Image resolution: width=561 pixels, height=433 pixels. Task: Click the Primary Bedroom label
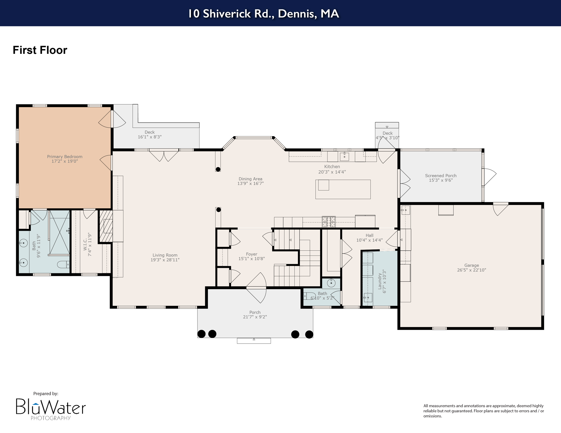click(65, 157)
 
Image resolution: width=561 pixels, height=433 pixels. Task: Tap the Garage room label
click(472, 265)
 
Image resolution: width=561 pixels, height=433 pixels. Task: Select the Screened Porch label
click(441, 176)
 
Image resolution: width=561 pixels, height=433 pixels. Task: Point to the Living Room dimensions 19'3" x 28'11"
click(165, 260)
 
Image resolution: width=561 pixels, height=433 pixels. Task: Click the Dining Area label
click(250, 179)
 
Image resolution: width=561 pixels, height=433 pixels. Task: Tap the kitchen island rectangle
click(343, 189)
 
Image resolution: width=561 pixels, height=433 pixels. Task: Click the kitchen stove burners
click(329, 222)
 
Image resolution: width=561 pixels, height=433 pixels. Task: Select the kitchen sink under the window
click(344, 156)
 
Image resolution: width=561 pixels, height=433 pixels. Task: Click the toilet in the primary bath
click(63, 264)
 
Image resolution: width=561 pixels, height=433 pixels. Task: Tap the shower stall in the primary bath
click(59, 233)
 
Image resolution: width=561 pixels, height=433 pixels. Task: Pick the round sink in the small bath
click(331, 283)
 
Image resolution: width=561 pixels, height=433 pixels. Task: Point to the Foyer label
click(251, 254)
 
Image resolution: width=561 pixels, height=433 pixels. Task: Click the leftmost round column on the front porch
click(201, 334)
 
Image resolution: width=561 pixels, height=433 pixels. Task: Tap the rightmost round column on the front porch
click(309, 334)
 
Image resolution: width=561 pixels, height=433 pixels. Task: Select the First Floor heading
click(40, 50)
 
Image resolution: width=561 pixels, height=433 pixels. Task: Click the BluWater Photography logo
click(51, 409)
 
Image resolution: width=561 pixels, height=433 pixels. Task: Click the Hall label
click(369, 235)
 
